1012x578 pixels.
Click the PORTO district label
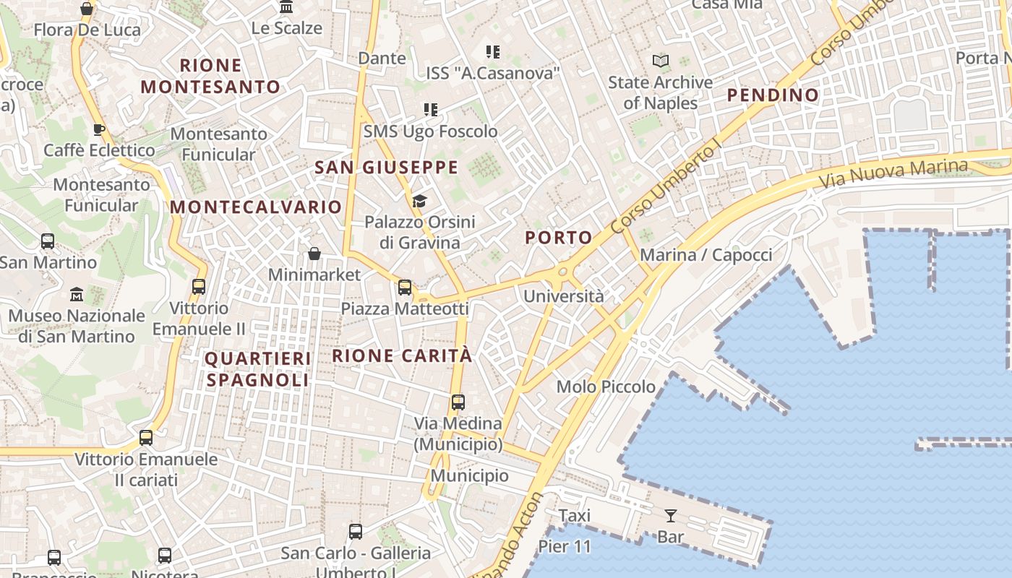(x=559, y=237)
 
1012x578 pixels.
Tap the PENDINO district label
(x=773, y=95)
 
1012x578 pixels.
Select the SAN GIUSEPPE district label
(x=387, y=168)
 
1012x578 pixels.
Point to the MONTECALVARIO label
(x=256, y=207)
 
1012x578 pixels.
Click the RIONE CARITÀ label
(x=402, y=355)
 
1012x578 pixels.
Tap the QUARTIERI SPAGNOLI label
(x=257, y=368)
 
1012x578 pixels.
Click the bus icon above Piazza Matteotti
(x=405, y=287)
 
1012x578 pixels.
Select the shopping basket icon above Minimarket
(x=314, y=254)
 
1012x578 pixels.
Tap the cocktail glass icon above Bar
(x=671, y=515)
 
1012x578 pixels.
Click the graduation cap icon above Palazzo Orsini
(x=420, y=201)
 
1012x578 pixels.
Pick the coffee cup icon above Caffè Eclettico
(x=99, y=129)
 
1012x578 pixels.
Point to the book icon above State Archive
(x=661, y=61)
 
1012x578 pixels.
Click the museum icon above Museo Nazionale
(x=77, y=294)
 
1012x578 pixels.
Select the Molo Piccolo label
(x=606, y=387)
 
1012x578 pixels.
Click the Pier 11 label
(x=565, y=546)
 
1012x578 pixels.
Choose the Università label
(x=563, y=296)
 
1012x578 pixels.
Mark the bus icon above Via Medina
(x=458, y=402)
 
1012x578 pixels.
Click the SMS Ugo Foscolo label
(x=430, y=131)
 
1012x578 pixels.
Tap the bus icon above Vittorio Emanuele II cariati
(x=146, y=437)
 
